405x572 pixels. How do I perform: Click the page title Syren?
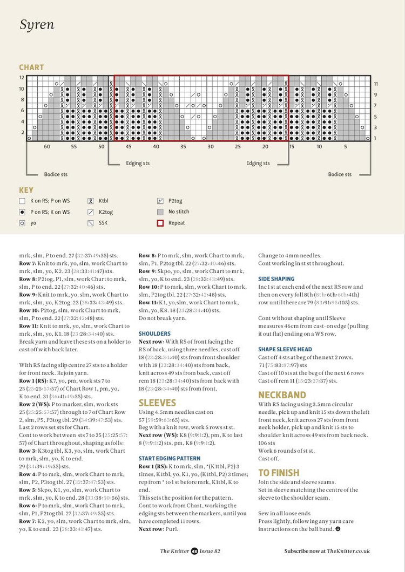37,25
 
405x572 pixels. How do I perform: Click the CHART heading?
31,67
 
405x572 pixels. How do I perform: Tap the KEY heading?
26,190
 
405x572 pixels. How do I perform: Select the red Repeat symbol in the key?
160,223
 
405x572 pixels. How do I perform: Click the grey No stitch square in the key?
160,212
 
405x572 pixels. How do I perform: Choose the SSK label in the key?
103,223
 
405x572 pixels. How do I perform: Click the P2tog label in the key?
175,201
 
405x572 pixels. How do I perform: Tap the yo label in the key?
33,223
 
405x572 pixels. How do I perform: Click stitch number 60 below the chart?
47,147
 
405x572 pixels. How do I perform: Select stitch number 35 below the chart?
183,147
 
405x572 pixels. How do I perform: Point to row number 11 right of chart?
376,84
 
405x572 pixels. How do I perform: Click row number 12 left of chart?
22,78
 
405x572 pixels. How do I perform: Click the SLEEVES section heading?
157,403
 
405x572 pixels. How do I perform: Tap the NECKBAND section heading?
282,395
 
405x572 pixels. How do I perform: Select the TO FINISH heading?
279,473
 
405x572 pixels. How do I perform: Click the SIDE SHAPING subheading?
276,279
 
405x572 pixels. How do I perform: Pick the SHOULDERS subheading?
154,334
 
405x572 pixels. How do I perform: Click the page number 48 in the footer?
194,551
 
